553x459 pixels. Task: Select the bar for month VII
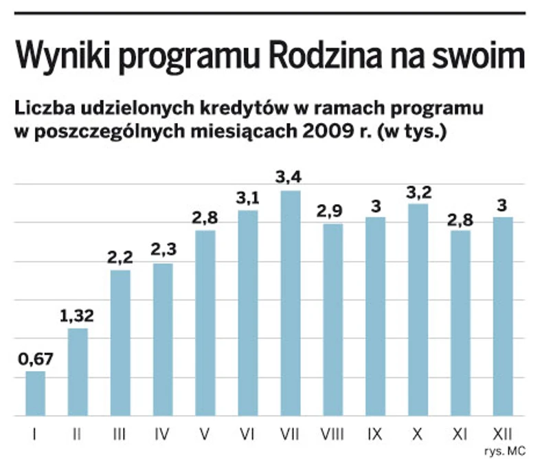[x=290, y=303]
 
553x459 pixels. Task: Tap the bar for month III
[x=120, y=343]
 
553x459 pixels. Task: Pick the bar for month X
[x=418, y=310]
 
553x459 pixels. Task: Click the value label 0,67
[x=35, y=358]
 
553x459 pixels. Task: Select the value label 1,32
[x=78, y=315]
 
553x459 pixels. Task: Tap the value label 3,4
[x=290, y=178]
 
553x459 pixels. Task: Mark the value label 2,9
[x=332, y=211]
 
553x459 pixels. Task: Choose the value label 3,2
[x=418, y=191]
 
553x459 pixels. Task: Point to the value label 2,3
[x=163, y=250]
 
